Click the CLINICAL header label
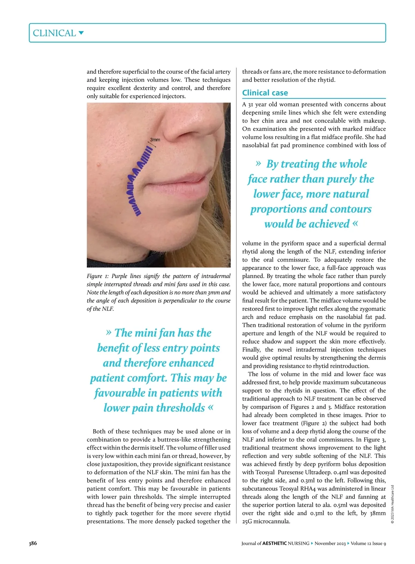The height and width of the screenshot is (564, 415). (54, 33)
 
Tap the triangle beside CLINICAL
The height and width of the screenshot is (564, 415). (81, 33)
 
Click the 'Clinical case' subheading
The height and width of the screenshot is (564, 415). (265, 93)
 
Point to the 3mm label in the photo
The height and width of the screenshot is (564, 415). (155, 140)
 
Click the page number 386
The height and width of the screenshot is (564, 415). (33, 543)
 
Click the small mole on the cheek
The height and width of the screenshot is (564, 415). (100, 164)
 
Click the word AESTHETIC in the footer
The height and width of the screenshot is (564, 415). (275, 543)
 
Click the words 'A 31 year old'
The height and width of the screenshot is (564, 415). (258, 104)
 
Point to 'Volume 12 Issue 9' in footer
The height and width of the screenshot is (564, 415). (368, 543)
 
